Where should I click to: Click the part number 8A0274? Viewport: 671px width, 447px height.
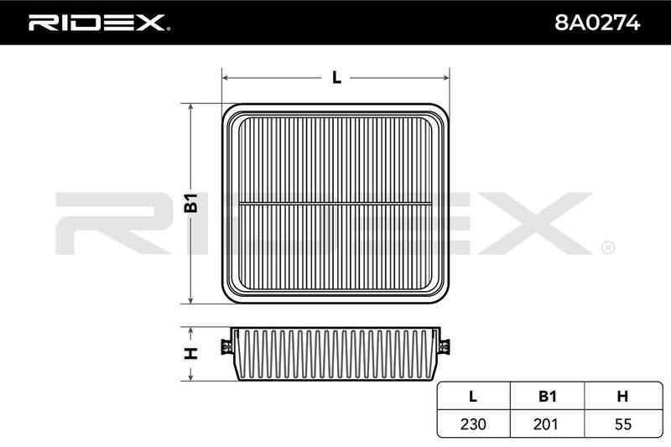597,23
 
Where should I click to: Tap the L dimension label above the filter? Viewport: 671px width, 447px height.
337,77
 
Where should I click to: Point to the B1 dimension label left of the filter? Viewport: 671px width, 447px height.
191,203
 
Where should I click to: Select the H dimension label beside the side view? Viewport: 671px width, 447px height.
191,353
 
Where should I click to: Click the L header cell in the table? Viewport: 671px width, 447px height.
473,396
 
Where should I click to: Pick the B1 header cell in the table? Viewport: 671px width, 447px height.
548,396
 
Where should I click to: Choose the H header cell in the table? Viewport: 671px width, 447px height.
623,396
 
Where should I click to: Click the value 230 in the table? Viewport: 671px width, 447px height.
473,424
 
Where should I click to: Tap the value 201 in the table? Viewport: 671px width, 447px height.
546,424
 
